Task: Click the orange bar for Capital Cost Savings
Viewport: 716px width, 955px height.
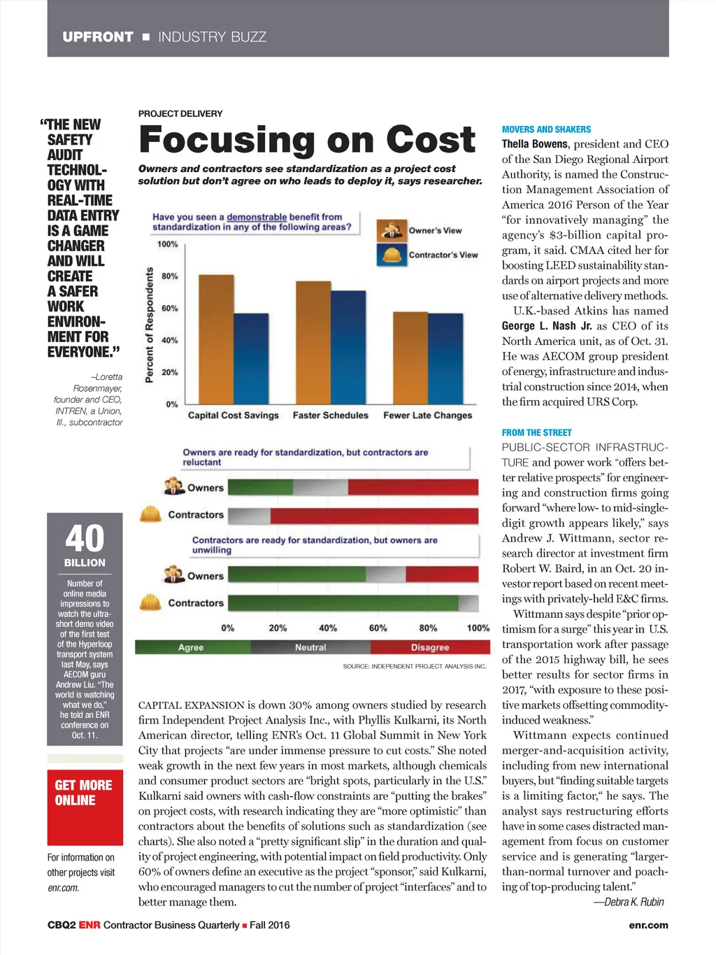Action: (x=216, y=339)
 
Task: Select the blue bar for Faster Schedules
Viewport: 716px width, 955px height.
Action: (x=348, y=347)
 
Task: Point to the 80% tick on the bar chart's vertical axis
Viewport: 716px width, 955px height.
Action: (x=170, y=276)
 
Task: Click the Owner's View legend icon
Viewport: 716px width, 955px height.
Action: (x=392, y=229)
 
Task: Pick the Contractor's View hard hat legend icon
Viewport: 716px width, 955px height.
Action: (x=392, y=254)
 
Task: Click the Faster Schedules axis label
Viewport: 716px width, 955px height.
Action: (x=330, y=415)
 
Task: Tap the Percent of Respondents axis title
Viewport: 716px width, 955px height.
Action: (x=149, y=325)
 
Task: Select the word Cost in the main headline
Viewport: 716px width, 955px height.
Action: (x=431, y=140)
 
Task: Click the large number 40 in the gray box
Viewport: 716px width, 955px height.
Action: (x=85, y=539)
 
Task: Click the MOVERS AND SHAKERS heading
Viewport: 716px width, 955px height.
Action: (x=546, y=129)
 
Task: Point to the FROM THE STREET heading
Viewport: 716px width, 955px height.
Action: (x=536, y=432)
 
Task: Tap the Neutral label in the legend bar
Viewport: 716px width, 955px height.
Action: (x=310, y=647)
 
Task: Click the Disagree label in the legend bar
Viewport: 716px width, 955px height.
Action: (x=430, y=647)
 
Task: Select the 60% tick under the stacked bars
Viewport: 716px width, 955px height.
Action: (x=378, y=628)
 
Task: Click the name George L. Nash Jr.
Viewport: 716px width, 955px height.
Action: (x=547, y=326)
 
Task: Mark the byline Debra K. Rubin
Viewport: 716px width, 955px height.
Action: (x=629, y=902)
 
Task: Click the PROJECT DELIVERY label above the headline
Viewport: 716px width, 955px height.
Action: (x=180, y=113)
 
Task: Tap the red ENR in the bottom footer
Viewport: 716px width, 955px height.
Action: (x=89, y=925)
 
